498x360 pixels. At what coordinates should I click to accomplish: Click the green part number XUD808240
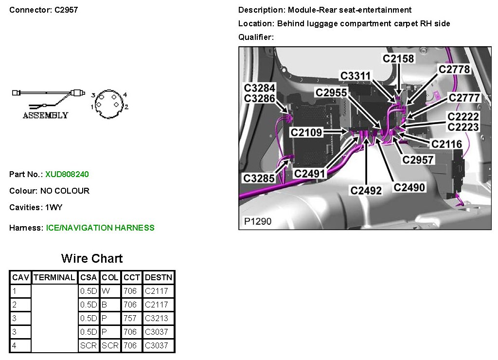67,174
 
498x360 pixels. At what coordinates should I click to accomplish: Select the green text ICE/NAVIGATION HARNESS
100,228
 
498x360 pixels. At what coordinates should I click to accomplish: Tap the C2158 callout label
398,59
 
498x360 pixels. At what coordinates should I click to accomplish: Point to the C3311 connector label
355,76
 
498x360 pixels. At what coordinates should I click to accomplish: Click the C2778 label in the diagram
454,70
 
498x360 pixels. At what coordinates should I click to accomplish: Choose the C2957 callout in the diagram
418,160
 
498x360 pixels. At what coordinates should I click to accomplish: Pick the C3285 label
259,179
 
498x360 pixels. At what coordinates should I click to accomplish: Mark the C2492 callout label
366,191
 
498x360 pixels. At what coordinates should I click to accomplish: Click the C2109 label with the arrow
306,132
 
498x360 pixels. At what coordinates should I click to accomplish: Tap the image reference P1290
258,222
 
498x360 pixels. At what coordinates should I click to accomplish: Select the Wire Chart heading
92,258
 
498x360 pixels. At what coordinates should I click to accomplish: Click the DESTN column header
159,278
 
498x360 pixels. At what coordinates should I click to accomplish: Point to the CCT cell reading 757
130,319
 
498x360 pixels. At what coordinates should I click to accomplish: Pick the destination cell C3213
156,319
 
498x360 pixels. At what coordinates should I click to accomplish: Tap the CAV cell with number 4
15,346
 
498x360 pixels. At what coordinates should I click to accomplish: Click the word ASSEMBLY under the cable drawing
45,115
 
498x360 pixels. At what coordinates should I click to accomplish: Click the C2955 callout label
331,92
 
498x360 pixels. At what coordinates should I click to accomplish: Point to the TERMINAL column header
54,278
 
